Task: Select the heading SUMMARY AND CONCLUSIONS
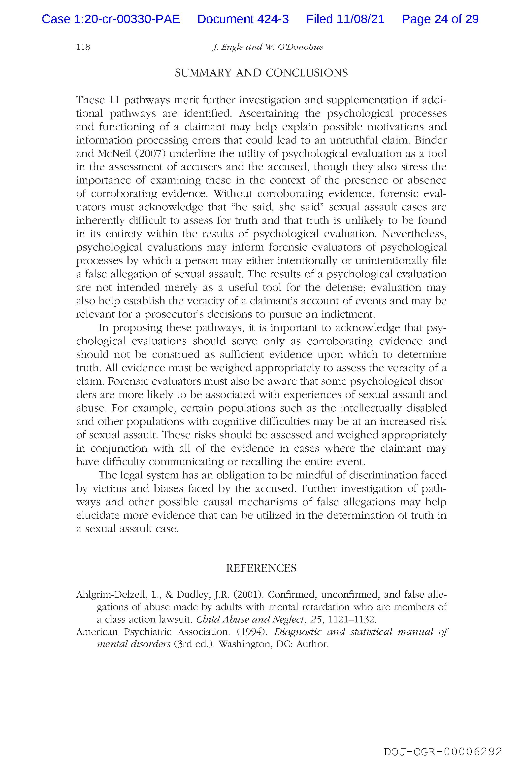(261, 73)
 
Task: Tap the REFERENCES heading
(261, 568)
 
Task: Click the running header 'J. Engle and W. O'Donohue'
(268, 47)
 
